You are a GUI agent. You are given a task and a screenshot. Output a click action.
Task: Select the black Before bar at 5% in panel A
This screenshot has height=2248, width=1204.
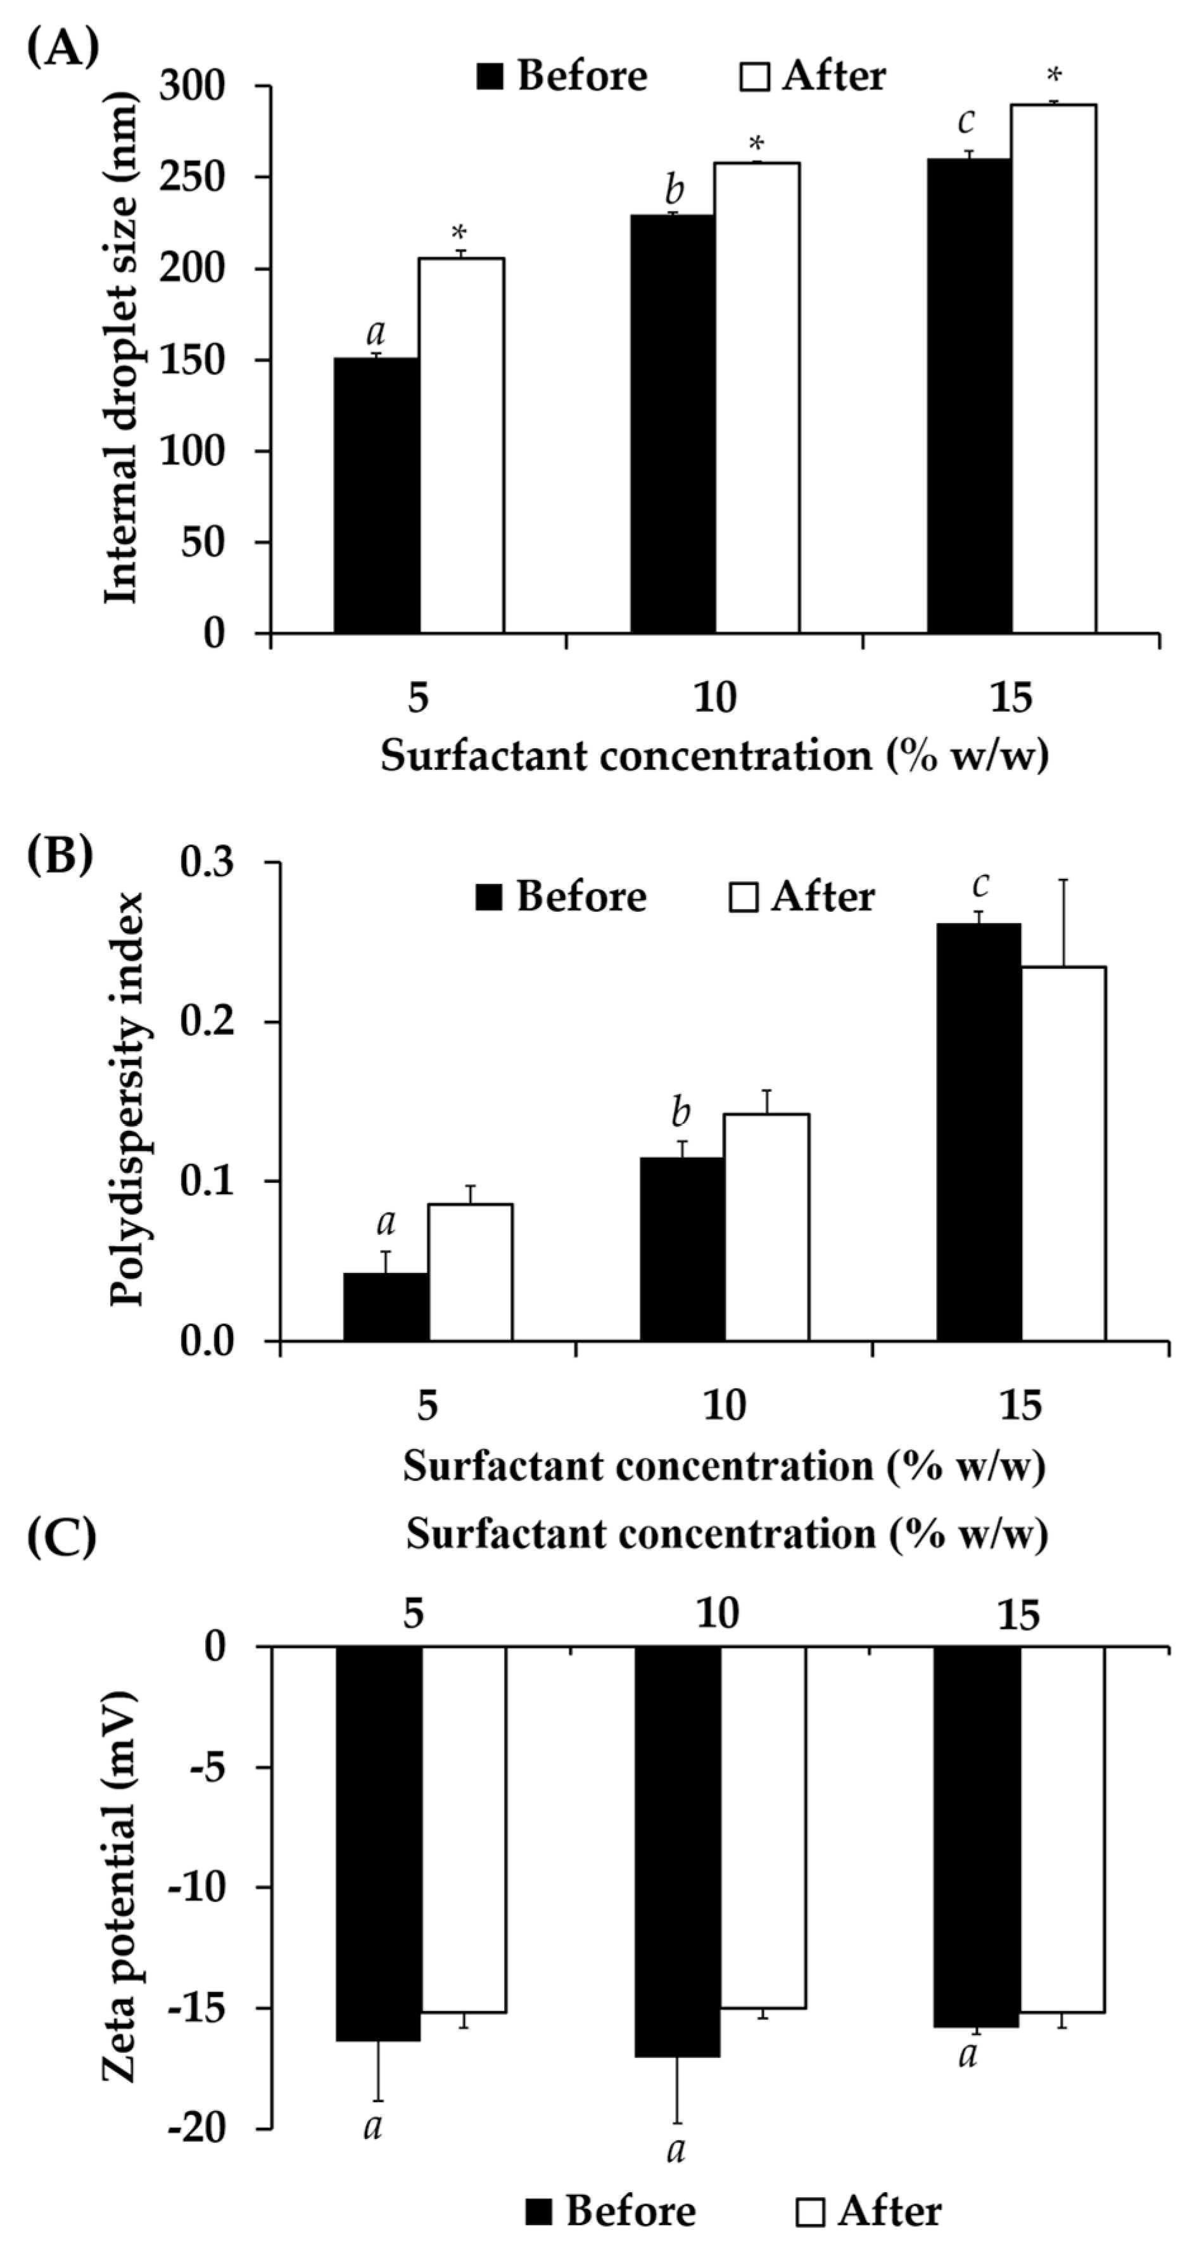click(376, 495)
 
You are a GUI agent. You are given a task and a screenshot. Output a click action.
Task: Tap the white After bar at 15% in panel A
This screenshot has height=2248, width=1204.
click(1053, 368)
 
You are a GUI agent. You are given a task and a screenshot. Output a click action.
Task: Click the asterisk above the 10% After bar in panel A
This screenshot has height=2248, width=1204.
click(756, 143)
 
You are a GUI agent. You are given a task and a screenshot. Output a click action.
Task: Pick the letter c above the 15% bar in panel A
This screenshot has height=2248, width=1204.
click(966, 121)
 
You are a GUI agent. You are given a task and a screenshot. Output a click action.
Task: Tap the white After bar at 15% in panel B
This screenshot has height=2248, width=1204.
click(1063, 1152)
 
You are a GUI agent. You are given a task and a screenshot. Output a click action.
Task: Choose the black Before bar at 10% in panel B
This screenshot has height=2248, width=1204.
click(681, 1248)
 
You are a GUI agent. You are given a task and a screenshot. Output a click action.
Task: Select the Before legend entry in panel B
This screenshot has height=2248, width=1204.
click(562, 897)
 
